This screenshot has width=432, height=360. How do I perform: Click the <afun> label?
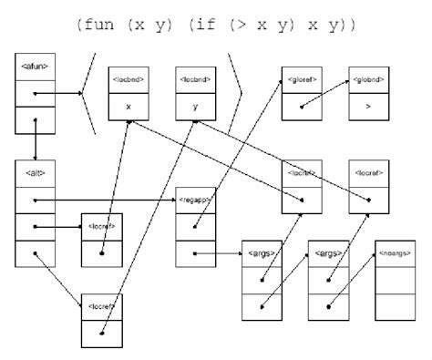coord(33,66)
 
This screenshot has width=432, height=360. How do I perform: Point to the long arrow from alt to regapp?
coord(109,198)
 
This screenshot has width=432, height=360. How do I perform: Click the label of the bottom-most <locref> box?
coord(100,303)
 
